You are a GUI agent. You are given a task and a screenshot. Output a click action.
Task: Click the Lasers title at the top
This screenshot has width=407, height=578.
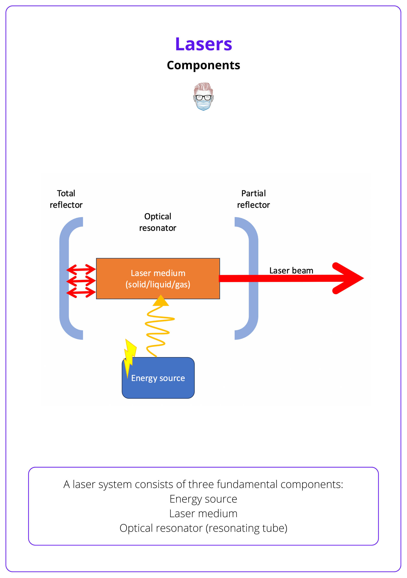pos(203,44)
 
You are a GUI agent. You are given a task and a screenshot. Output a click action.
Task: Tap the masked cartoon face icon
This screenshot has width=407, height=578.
pos(203,96)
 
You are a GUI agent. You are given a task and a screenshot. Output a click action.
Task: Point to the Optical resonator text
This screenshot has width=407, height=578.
pos(158,222)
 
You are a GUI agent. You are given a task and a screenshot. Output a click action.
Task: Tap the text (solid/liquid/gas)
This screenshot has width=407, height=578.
pos(158,285)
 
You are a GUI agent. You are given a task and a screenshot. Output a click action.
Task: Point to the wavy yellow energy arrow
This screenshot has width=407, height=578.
pos(158,330)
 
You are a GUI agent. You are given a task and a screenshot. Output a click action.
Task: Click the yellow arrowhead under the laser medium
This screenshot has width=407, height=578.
pos(161,301)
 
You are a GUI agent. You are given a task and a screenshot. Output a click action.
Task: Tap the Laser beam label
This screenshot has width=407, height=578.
pos(291,270)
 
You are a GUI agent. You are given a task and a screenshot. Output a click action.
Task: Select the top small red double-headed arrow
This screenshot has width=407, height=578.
pos(81,269)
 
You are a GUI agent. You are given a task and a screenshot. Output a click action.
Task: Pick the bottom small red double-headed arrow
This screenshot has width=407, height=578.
pos(81,292)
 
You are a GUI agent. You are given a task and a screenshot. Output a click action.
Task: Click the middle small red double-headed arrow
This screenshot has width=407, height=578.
pos(81,281)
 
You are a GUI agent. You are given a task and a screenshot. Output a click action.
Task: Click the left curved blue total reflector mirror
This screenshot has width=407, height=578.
pos(64,278)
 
